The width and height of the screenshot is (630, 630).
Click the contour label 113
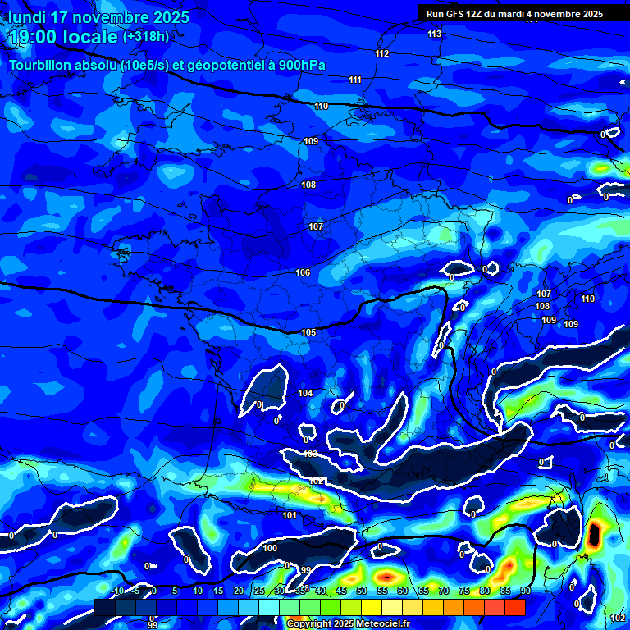point(434,34)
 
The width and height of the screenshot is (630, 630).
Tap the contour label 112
point(381,53)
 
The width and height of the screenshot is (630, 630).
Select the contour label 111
point(354,80)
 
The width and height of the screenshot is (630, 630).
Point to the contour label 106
point(303,272)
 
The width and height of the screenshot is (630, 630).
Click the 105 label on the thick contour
point(308,332)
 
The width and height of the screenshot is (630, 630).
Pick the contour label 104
point(305,394)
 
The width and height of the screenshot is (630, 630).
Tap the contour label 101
point(289,515)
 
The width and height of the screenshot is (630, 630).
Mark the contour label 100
point(271,547)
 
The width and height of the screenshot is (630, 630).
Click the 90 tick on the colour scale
point(525,591)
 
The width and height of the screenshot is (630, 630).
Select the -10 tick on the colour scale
point(117,591)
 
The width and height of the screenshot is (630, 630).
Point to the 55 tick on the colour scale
point(382,591)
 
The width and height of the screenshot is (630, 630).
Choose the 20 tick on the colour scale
point(239,591)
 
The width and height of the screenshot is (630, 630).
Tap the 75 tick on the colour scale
point(464,591)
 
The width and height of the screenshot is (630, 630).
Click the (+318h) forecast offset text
point(146,37)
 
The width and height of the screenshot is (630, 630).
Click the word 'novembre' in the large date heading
point(111,17)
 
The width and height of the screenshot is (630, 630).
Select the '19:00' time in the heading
point(35,37)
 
